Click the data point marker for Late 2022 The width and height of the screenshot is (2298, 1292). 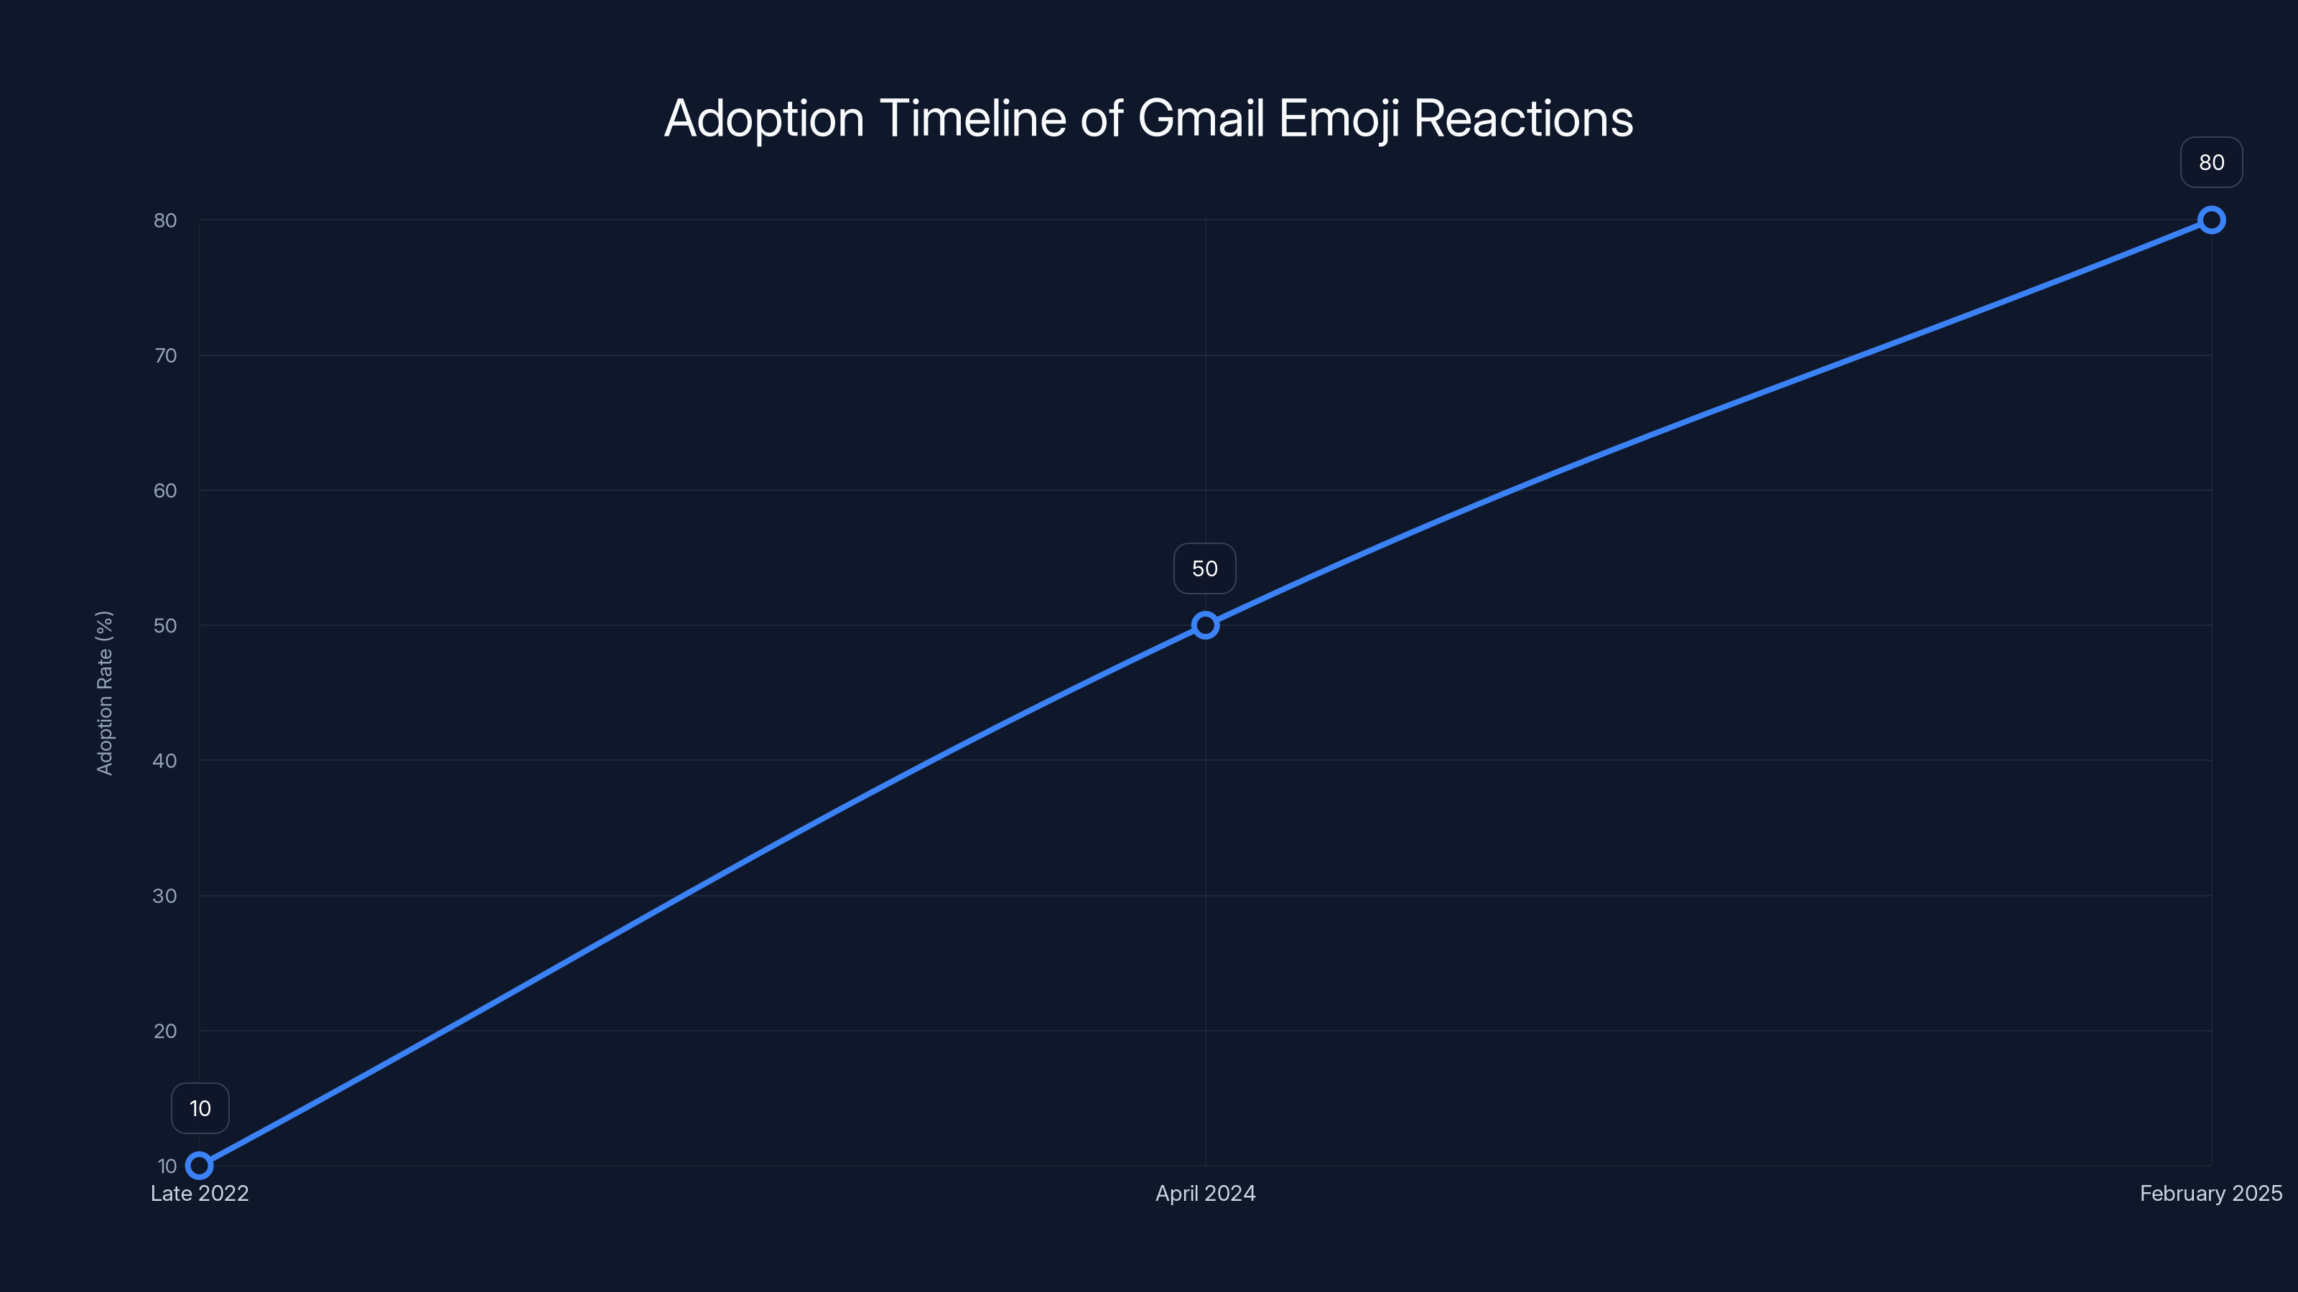tap(200, 1166)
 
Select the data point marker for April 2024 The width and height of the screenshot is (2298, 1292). tap(1205, 625)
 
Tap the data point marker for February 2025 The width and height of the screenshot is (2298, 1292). tap(2212, 220)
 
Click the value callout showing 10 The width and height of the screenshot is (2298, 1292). tap(200, 1108)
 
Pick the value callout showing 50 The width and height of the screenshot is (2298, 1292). tap(1204, 569)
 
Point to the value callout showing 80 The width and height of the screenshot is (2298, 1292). tap(2212, 162)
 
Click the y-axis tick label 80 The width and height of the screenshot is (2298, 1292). tap(165, 220)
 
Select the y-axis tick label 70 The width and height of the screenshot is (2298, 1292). tap(165, 356)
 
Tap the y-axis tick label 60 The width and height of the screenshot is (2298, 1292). tap(165, 490)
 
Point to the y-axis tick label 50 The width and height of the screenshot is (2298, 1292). tap(165, 626)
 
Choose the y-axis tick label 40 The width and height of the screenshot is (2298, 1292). tap(165, 761)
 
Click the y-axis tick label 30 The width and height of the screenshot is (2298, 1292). tap(165, 896)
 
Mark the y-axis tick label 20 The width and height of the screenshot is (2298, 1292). tap(165, 1031)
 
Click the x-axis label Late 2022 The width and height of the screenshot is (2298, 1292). tap(200, 1194)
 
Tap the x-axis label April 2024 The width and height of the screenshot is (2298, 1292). tap(1205, 1194)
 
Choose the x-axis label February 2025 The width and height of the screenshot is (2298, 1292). tap(2210, 1194)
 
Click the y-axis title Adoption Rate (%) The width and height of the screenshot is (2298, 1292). tap(104, 693)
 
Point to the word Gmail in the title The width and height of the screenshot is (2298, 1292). tap(1201, 118)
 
